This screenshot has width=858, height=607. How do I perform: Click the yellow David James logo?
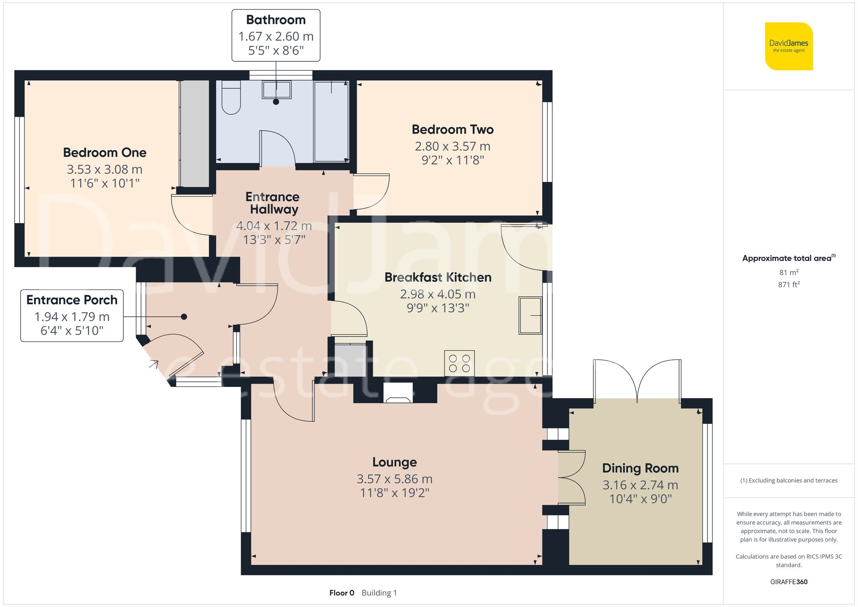pos(789,46)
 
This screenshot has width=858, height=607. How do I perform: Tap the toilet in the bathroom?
pos(231,98)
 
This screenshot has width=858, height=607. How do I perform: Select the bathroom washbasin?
pos(277,90)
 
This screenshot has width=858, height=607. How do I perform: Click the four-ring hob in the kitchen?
pos(459,363)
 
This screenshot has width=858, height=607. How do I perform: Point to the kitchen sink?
pos(530,315)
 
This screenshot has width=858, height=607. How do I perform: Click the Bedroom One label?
pos(105,153)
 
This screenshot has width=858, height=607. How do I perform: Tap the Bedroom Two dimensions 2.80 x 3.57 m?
pos(453,146)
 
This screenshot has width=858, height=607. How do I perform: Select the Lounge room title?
pos(394,462)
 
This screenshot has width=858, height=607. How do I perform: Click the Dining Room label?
pos(640,468)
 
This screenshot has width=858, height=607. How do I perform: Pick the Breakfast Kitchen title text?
pos(438,278)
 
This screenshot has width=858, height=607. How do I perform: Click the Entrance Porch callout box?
pos(72,316)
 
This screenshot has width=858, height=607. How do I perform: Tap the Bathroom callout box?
pos(276,35)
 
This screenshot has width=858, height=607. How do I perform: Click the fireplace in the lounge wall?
pos(398,393)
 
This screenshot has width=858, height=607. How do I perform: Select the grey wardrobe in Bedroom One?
pos(194,133)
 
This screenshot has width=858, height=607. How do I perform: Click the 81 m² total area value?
pos(789,272)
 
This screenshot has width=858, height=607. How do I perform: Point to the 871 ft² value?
pos(789,284)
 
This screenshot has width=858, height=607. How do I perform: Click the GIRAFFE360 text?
pos(789,582)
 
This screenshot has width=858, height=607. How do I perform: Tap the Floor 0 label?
pos(341,593)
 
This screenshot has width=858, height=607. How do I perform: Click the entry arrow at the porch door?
pos(154,364)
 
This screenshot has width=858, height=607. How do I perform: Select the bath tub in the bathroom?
pos(331,122)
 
